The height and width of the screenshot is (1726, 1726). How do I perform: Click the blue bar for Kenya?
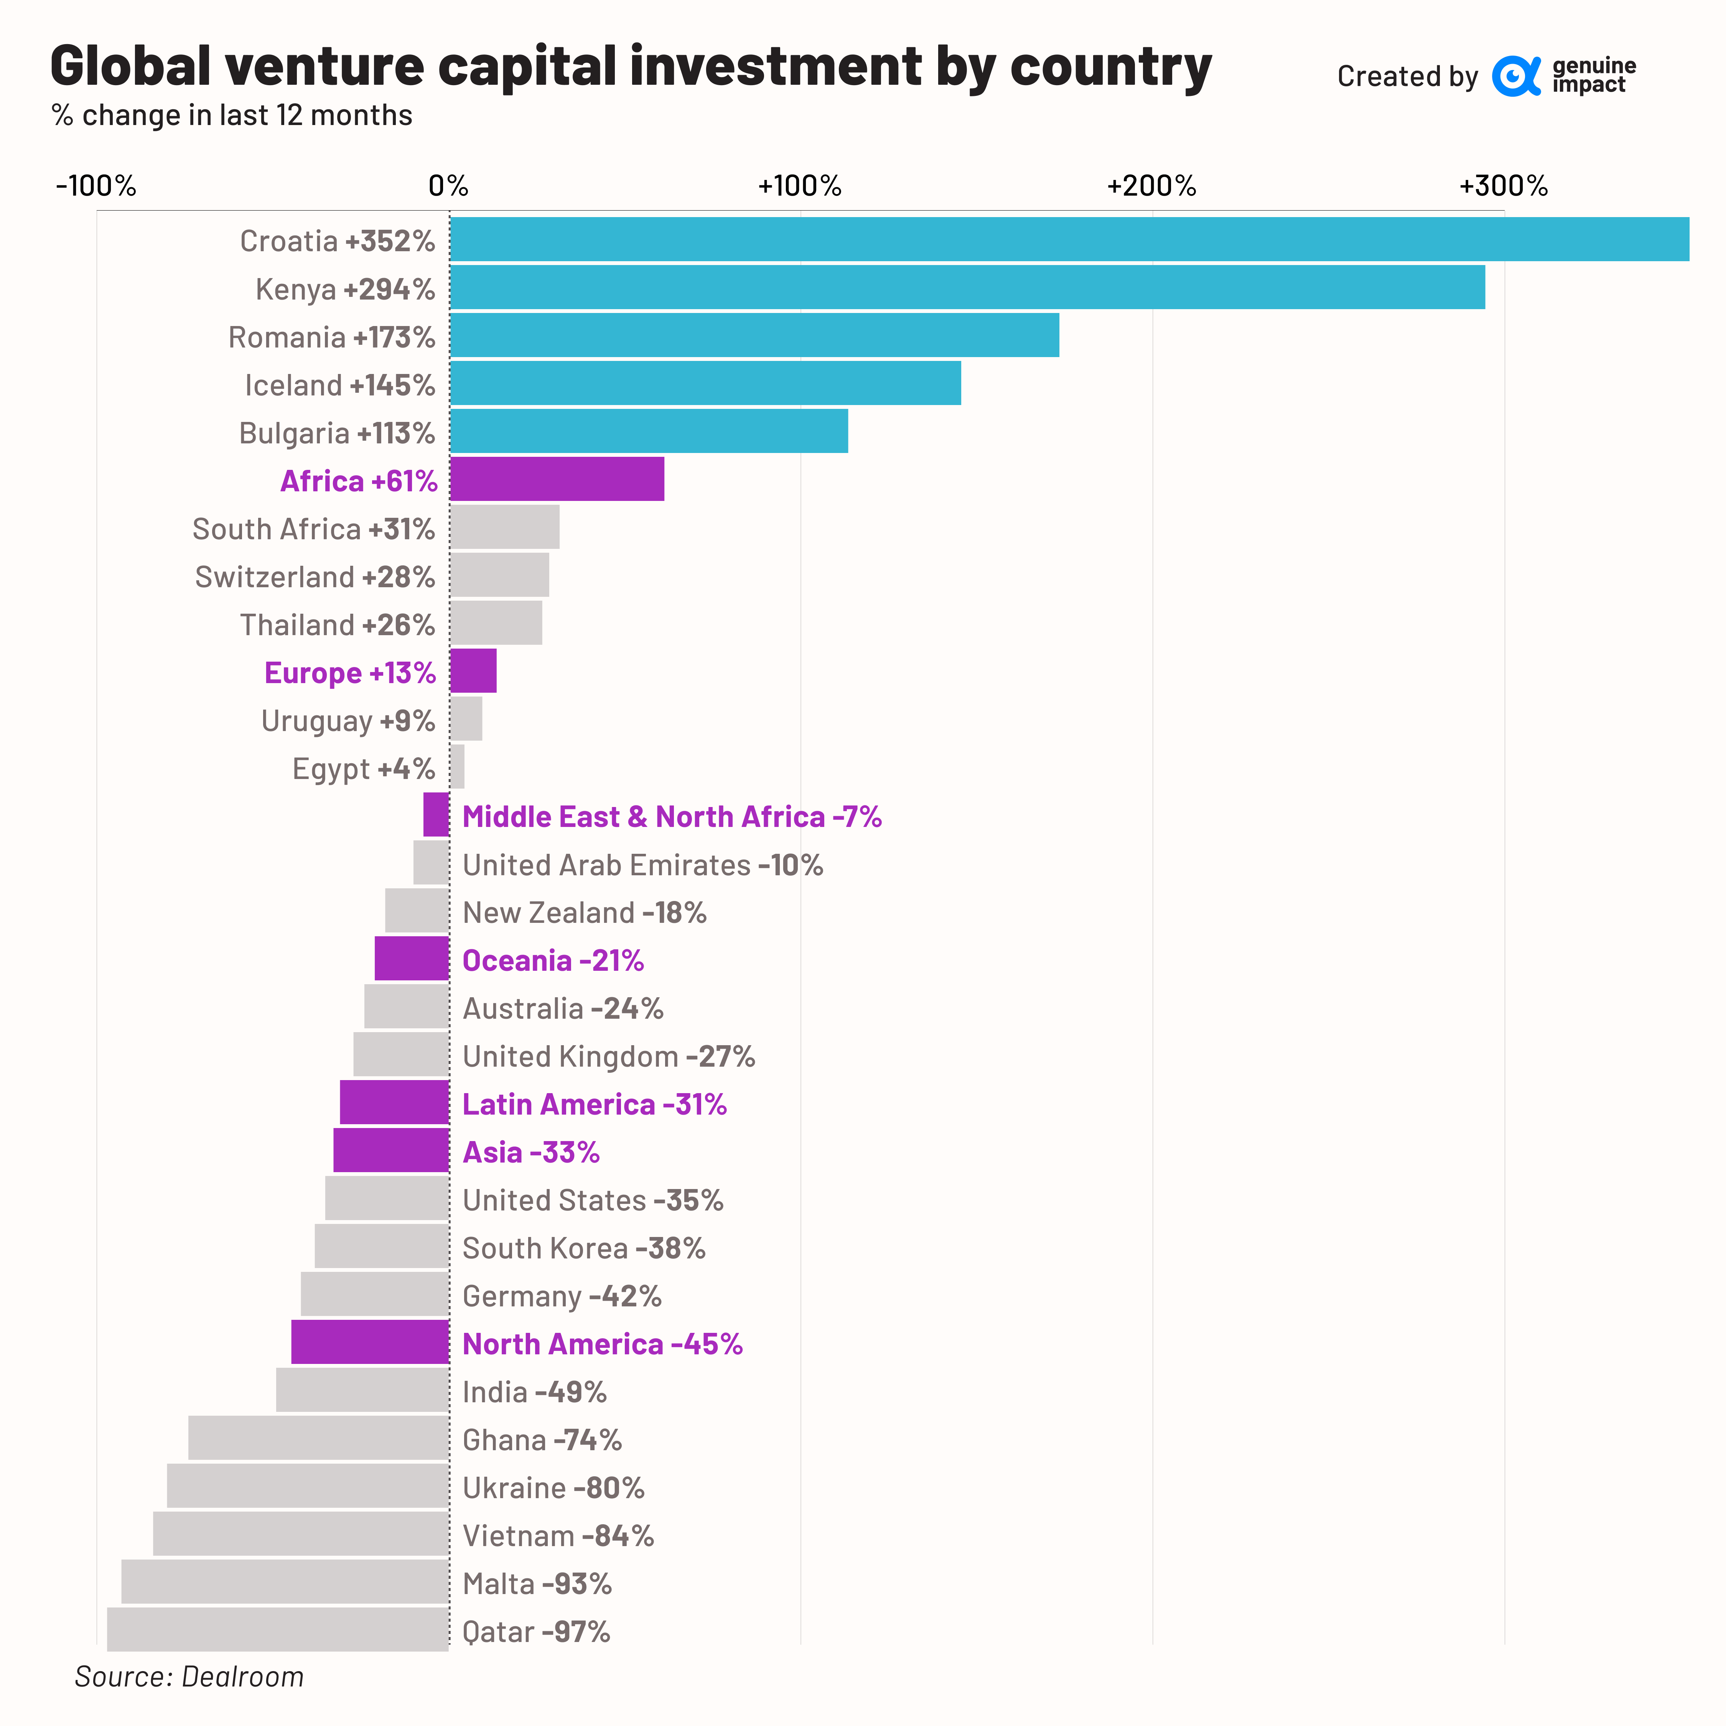(x=967, y=287)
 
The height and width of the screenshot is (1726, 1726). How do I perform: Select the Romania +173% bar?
(x=754, y=335)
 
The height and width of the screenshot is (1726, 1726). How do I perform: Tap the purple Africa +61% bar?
(x=557, y=479)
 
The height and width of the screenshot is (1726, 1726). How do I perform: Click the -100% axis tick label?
(x=96, y=186)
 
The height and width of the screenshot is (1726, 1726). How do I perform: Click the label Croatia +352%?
(x=337, y=241)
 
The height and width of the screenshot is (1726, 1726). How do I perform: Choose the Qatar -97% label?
(x=536, y=1631)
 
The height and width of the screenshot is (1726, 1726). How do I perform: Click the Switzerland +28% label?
(x=315, y=577)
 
